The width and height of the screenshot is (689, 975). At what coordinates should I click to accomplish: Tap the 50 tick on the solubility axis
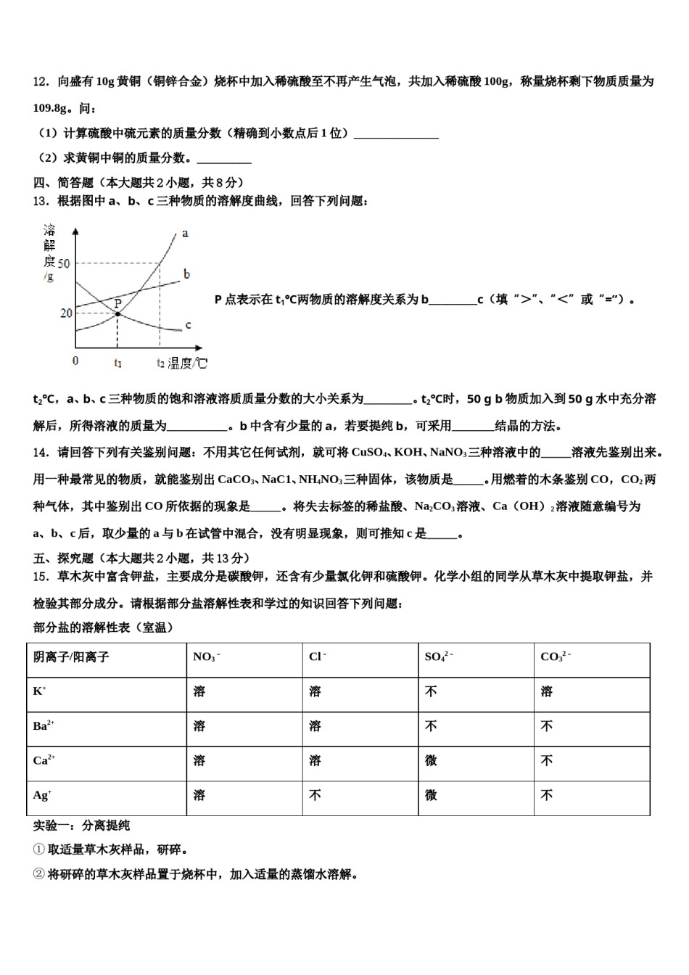[x=65, y=263]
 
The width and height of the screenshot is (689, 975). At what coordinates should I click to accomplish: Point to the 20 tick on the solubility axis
[x=65, y=313]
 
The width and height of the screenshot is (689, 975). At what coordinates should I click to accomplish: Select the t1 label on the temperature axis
[x=117, y=362]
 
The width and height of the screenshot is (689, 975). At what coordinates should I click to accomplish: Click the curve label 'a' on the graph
[x=185, y=234]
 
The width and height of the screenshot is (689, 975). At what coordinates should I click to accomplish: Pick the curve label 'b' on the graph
[x=186, y=274]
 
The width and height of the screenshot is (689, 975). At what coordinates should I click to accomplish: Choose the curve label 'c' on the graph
[x=188, y=325]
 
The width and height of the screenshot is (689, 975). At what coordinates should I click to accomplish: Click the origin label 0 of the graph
[x=75, y=361]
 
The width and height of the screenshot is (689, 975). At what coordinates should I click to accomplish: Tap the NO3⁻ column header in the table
[x=206, y=657]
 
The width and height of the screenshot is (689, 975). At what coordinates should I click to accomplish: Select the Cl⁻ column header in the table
[x=317, y=657]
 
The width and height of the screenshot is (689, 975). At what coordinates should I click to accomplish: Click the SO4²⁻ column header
[x=438, y=657]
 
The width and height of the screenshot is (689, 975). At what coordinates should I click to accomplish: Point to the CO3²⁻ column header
[x=555, y=657]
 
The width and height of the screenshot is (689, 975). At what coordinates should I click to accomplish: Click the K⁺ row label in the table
[x=39, y=691]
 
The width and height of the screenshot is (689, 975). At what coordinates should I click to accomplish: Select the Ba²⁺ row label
[x=44, y=725]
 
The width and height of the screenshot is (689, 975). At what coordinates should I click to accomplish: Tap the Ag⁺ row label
[x=41, y=795]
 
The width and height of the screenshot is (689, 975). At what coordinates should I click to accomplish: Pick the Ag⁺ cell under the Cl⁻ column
[x=315, y=796]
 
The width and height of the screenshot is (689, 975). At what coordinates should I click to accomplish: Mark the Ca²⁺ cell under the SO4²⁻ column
[x=431, y=761]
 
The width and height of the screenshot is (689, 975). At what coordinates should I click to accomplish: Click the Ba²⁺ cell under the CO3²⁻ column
[x=547, y=726]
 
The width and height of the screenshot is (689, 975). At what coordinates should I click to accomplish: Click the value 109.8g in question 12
[x=51, y=108]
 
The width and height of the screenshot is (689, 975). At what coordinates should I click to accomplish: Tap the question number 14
[x=41, y=453]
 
